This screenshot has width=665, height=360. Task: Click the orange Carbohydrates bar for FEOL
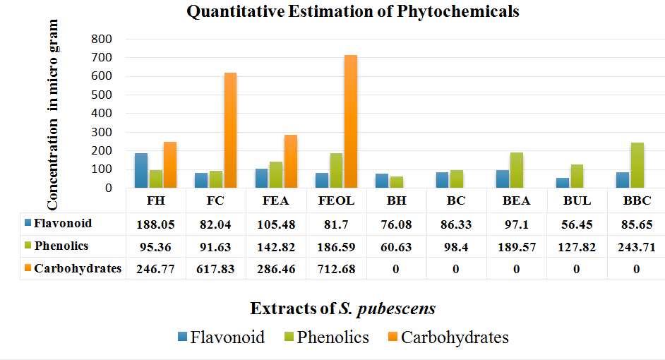[351, 121]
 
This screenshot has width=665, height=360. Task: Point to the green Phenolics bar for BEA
[517, 170]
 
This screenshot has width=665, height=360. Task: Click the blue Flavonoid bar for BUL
[562, 183]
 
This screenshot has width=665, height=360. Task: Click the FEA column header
[276, 200]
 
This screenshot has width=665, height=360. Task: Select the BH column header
[396, 200]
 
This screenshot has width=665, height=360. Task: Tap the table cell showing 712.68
[336, 268]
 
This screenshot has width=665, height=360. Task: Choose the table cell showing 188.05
[155, 224]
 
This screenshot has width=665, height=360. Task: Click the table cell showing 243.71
[637, 246]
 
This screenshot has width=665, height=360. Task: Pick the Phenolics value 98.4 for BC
[456, 246]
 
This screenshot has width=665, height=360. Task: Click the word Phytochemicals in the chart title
[460, 11]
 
